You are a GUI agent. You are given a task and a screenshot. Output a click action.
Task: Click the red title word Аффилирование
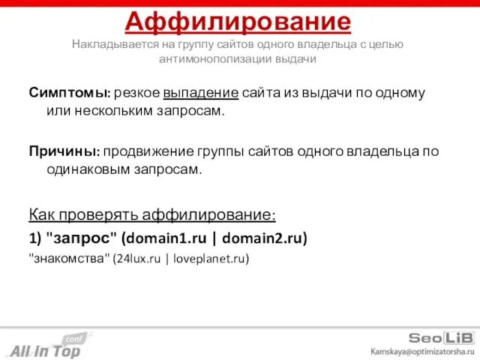click(238, 20)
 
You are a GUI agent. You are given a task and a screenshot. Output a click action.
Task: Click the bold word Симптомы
click(70, 94)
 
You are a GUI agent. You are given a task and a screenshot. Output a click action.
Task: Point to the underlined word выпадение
click(201, 94)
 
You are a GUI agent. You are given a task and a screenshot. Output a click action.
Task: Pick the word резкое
click(137, 94)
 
